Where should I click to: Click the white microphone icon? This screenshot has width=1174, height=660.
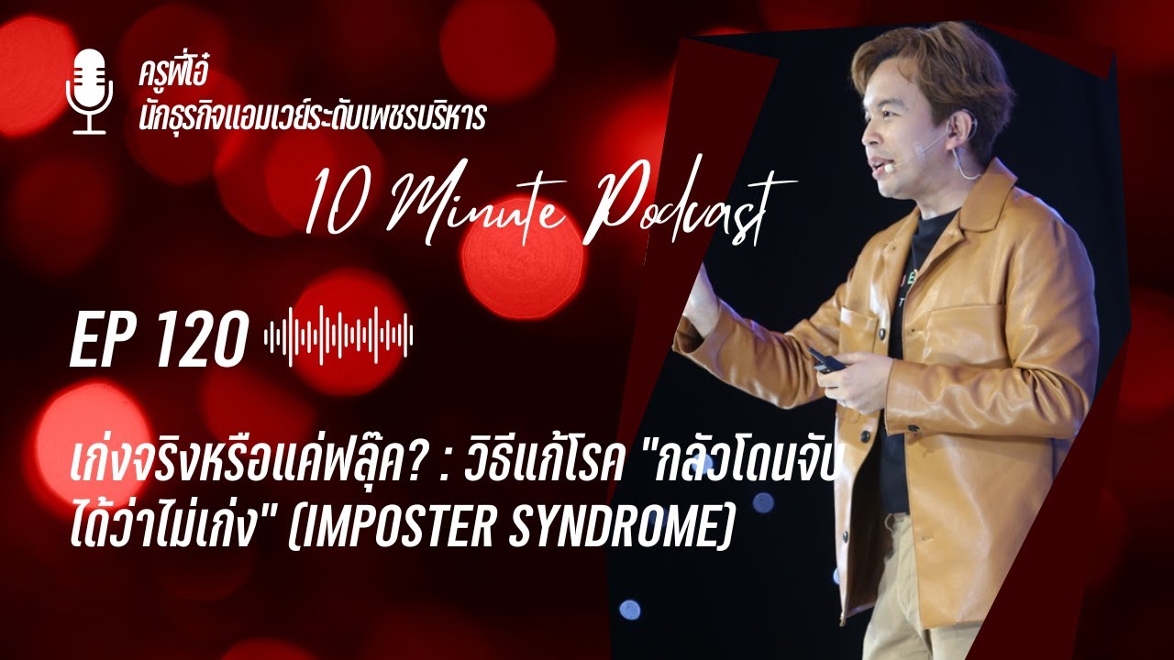click(x=89, y=91)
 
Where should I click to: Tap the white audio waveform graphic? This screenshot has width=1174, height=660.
click(x=338, y=337)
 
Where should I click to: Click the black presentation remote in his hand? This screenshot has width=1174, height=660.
click(x=828, y=359)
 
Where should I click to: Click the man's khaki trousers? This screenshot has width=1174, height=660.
click(x=917, y=587)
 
